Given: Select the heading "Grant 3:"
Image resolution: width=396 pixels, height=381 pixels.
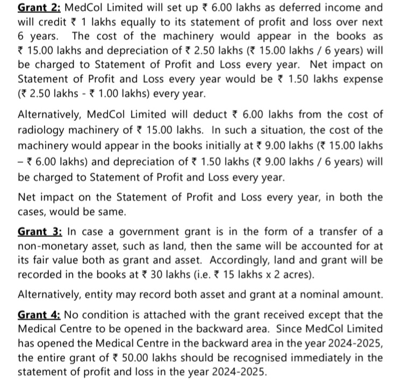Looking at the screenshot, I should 40,232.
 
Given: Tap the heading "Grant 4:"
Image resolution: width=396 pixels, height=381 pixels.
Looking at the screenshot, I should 40,315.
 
